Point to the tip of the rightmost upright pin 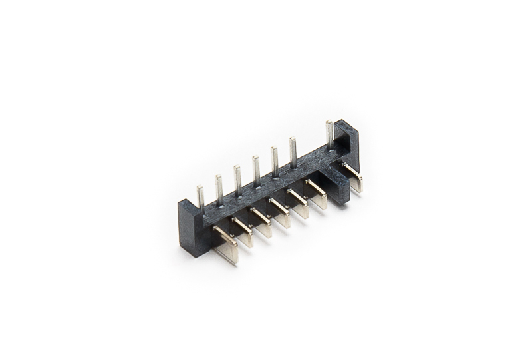329,123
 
